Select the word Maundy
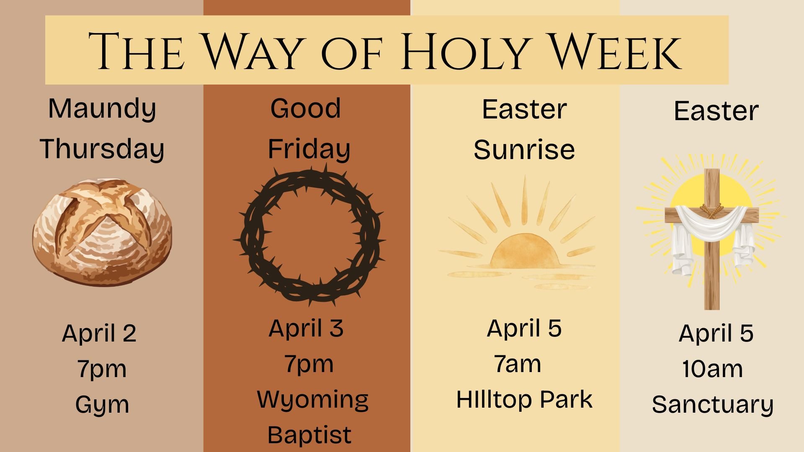102,109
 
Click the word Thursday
102,149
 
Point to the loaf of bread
102,232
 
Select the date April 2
99,334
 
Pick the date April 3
306,329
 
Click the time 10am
712,369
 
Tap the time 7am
518,364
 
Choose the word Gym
102,405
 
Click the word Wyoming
312,400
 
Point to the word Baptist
309,435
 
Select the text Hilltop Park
524,400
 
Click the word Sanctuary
712,405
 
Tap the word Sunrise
524,150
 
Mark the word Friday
309,149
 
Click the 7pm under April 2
102,369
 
